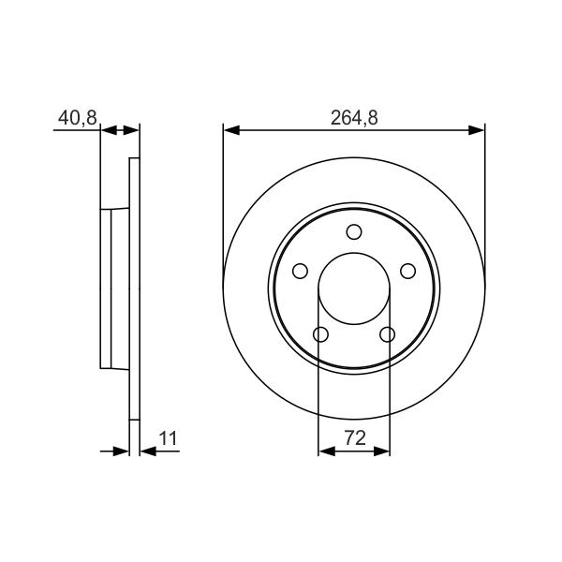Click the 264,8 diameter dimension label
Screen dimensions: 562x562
pos(354,118)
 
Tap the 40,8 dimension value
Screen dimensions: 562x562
pos(78,118)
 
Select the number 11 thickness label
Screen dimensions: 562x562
pos(168,438)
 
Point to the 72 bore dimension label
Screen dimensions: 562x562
pos(355,438)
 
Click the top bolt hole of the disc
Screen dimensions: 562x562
pos(354,232)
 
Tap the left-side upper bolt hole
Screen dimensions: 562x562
pos(300,271)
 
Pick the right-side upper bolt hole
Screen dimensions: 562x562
pos(407,271)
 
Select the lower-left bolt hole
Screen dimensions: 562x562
pos(320,334)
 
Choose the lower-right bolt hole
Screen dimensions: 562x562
pos(387,334)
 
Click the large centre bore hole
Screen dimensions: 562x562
pos(354,288)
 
